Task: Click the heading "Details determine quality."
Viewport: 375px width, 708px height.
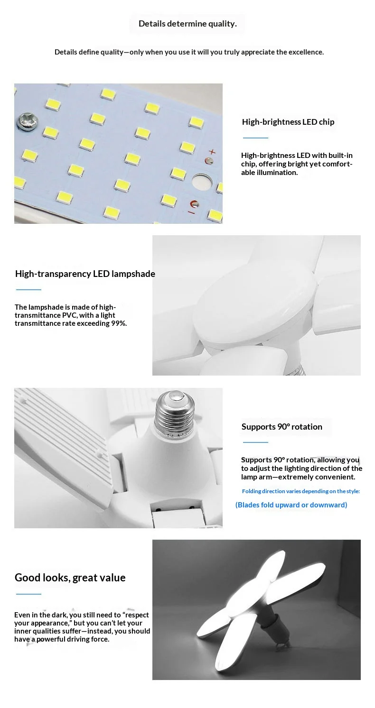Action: click(x=187, y=24)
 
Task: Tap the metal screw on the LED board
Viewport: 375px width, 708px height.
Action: click(x=28, y=121)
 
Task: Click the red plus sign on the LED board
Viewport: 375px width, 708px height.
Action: click(x=212, y=152)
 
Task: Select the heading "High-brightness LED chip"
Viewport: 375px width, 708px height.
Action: click(x=288, y=122)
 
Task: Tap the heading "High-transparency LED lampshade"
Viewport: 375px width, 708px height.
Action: click(x=85, y=274)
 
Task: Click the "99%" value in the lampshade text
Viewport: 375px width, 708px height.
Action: click(x=119, y=323)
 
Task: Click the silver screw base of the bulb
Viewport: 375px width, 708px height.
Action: click(x=174, y=411)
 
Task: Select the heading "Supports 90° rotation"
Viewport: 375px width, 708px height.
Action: click(x=281, y=427)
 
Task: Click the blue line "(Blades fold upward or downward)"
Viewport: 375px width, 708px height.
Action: click(x=291, y=505)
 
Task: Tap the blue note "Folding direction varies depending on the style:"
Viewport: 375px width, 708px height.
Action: click(x=301, y=491)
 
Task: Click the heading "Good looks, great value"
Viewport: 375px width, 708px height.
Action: click(x=70, y=578)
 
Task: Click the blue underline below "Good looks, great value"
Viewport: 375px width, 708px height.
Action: click(x=28, y=594)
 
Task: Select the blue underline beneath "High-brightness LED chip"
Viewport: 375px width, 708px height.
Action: click(x=255, y=138)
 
